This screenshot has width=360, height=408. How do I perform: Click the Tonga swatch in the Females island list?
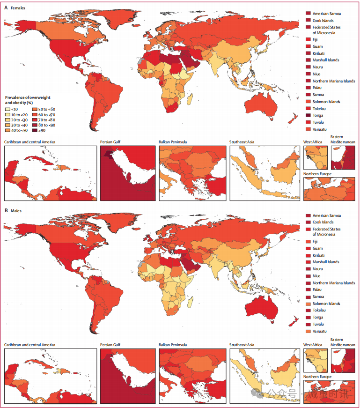coord(308,115)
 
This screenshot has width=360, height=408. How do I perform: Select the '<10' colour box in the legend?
coord(7,109)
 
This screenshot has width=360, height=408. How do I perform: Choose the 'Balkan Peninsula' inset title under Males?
coord(173,345)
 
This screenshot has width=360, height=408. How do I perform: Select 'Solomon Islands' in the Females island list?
coord(326,102)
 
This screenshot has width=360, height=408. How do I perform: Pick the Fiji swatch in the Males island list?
coord(308,241)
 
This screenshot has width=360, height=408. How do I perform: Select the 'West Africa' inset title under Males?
coord(313,345)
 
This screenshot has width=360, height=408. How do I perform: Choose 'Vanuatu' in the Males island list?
coord(320,331)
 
